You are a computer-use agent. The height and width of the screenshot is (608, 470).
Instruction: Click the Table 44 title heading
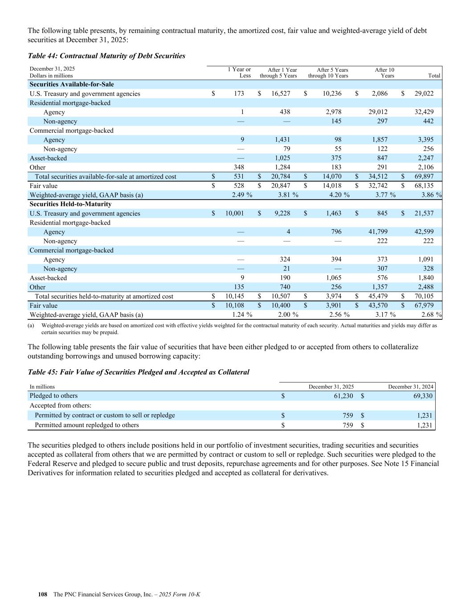pyautogui.click(x=106, y=56)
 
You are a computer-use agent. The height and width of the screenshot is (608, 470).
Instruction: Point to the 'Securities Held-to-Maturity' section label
pyautogui.click(x=70, y=204)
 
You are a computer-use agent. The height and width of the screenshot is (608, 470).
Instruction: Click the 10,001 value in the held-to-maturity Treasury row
pyautogui.click(x=234, y=213)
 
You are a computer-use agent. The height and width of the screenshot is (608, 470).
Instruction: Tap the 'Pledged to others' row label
pyautogui.click(x=53, y=396)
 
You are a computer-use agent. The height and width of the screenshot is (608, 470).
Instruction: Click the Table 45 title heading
pyautogui.click(x=139, y=372)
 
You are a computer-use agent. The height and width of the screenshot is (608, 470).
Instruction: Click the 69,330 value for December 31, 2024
pyautogui.click(x=421, y=396)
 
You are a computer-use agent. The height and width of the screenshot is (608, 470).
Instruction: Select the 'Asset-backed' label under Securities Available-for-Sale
pyautogui.click(x=48, y=158)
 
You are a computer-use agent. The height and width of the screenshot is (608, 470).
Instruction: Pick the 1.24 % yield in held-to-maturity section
pyautogui.click(x=242, y=315)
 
